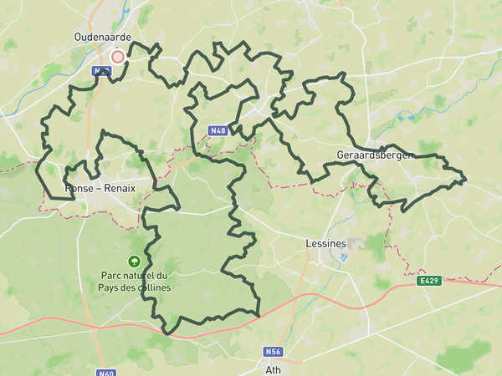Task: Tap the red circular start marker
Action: pyautogui.click(x=118, y=57)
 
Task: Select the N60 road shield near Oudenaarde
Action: pyautogui.click(x=100, y=73)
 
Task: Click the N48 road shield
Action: pyautogui.click(x=218, y=130)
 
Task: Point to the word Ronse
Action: pyautogui.click(x=79, y=188)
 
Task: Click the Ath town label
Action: pyautogui.click(x=273, y=368)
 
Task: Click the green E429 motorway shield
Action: pyautogui.click(x=429, y=282)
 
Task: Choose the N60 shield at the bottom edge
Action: pyautogui.click(x=105, y=373)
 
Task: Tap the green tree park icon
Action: pyautogui.click(x=133, y=262)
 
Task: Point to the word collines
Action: pyautogui.click(x=151, y=288)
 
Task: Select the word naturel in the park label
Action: pyautogui.click(x=144, y=277)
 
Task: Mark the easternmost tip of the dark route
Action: pyautogui.click(x=466, y=178)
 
